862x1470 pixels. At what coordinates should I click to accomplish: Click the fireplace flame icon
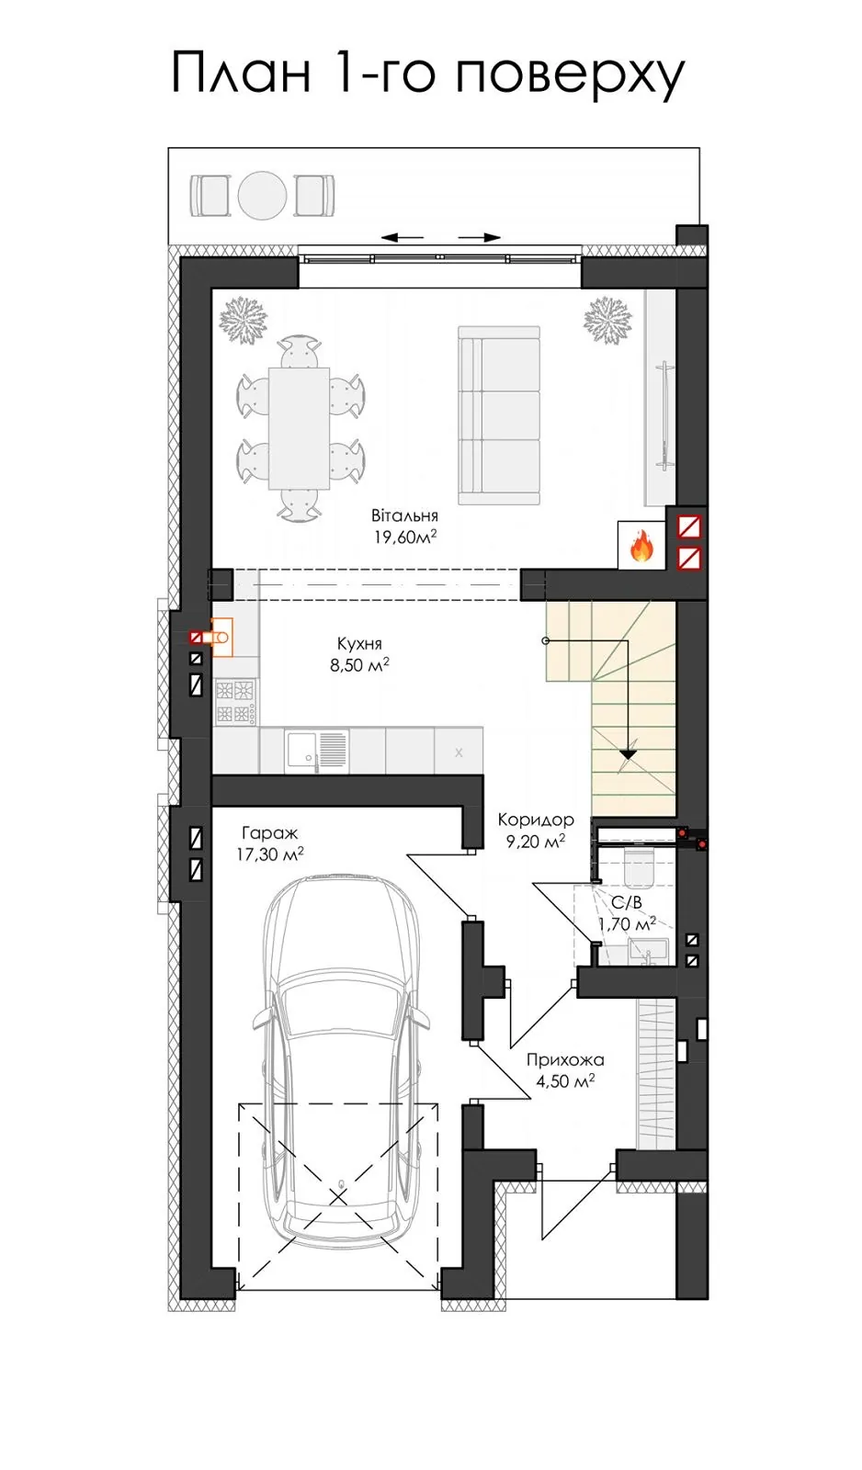(x=641, y=546)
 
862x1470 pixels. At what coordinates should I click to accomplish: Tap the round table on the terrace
(x=263, y=195)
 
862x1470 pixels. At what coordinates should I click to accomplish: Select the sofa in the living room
(x=499, y=415)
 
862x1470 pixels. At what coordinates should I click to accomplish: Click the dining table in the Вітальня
(x=299, y=428)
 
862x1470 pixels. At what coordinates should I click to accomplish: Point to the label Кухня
(x=359, y=643)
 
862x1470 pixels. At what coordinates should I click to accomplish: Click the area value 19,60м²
(x=405, y=537)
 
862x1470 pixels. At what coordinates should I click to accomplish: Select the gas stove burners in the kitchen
(x=235, y=702)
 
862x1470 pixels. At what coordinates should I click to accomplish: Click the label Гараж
(x=270, y=833)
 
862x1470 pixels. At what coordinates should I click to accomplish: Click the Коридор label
(x=536, y=820)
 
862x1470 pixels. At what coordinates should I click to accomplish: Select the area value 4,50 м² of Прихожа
(x=565, y=1080)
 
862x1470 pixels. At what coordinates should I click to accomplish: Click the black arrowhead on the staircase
(x=629, y=754)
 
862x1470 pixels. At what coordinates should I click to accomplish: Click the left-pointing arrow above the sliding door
(x=402, y=238)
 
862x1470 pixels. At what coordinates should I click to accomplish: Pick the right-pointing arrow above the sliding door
(x=480, y=238)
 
